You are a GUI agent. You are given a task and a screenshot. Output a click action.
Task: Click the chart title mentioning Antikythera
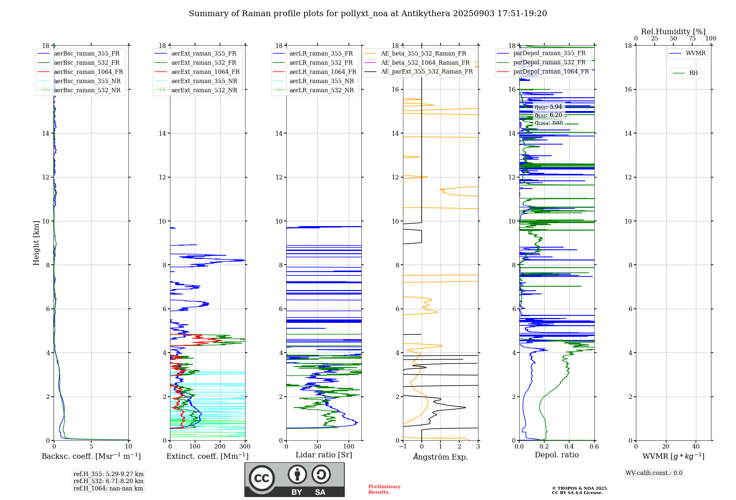point(368,14)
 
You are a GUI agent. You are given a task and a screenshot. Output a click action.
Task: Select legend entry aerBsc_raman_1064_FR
point(88,72)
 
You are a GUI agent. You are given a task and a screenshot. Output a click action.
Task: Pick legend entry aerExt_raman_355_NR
point(204,81)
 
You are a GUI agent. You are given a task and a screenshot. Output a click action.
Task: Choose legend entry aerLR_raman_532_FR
point(321,63)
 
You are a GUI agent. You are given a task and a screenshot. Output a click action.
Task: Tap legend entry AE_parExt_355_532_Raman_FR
point(427,71)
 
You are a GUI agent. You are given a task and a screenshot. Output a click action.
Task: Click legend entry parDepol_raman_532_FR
point(549,62)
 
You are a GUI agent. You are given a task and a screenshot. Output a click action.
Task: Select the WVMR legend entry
point(696,53)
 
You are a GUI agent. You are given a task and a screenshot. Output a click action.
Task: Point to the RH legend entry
point(693,73)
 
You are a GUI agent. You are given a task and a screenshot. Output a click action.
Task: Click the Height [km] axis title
point(36,243)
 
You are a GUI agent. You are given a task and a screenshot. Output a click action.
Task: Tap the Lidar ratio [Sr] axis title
point(324,455)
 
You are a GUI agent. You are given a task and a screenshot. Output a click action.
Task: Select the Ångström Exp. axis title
point(440,457)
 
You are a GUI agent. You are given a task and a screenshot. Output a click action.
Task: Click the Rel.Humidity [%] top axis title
point(673,32)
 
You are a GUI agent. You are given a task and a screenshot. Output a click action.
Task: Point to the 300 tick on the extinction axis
point(245,447)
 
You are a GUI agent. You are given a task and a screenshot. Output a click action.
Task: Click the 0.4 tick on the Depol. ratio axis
point(569,447)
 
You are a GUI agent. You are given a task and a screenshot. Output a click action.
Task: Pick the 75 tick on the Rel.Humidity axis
point(692,39)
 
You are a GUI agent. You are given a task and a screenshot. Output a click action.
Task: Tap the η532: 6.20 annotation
point(548,115)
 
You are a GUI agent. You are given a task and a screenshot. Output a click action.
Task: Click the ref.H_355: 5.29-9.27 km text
point(109,474)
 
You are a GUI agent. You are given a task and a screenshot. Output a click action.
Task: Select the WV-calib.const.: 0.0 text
point(654,473)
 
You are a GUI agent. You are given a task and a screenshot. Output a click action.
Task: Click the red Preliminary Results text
point(384,489)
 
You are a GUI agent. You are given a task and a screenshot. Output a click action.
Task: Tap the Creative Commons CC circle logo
point(262,478)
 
